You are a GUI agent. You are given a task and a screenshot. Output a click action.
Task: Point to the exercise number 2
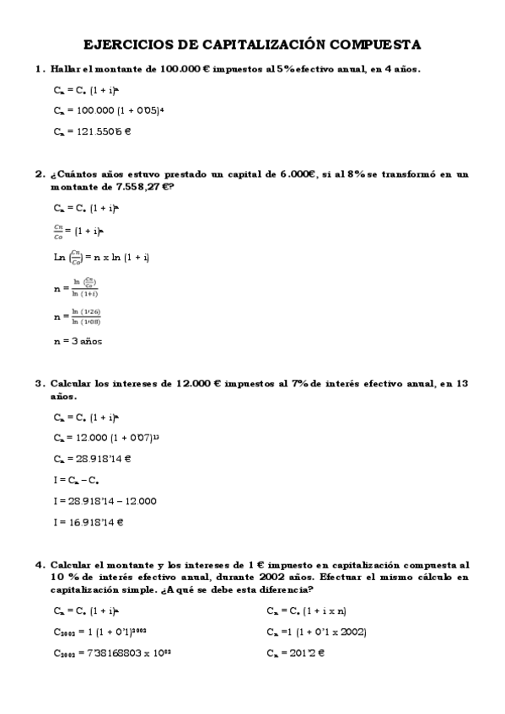pos(39,174)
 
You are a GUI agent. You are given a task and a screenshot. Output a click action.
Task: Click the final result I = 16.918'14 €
pos(89,522)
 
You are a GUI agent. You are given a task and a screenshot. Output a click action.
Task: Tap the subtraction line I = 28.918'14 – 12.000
pos(104,500)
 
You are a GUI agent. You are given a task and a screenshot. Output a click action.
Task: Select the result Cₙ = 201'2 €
pos(295,653)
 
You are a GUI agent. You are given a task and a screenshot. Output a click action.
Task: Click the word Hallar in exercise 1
pos(65,69)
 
